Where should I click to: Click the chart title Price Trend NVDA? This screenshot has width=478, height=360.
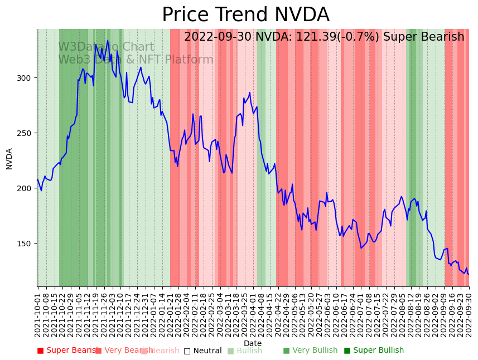(x=245, y=15)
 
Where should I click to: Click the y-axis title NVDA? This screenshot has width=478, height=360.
(x=9, y=158)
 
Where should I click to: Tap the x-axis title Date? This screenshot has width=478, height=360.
(x=252, y=343)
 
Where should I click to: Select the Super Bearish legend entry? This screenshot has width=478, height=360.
(x=69, y=351)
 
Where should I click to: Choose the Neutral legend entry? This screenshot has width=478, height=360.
(x=203, y=351)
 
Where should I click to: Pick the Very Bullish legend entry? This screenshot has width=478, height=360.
(x=310, y=351)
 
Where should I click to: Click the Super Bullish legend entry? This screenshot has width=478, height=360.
(x=374, y=351)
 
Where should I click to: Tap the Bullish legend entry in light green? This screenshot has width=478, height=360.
(x=245, y=351)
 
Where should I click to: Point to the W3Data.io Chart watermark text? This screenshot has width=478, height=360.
(x=106, y=47)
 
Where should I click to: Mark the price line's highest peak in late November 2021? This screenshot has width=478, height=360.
(x=108, y=40)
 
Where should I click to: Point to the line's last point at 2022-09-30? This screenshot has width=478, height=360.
(x=469, y=274)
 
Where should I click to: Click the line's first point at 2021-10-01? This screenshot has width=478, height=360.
(x=37, y=179)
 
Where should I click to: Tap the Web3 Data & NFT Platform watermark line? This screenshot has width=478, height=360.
(x=136, y=60)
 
